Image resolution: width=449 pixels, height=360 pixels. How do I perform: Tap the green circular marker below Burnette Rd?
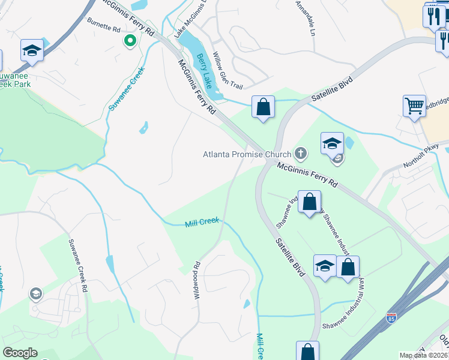click(x=129, y=41)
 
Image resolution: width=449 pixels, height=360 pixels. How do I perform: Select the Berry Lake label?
click(x=205, y=70)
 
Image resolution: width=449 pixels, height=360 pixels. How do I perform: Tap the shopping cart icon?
click(x=414, y=106)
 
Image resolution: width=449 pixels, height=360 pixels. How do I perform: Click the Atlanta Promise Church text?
click(x=246, y=154)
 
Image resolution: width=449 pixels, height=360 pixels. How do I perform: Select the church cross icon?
click(x=301, y=154)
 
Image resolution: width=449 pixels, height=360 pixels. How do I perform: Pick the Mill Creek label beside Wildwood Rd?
click(x=202, y=223)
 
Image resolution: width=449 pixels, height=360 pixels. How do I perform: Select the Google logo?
click(x=20, y=353)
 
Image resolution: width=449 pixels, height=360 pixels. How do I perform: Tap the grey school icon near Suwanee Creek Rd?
click(x=35, y=293)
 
